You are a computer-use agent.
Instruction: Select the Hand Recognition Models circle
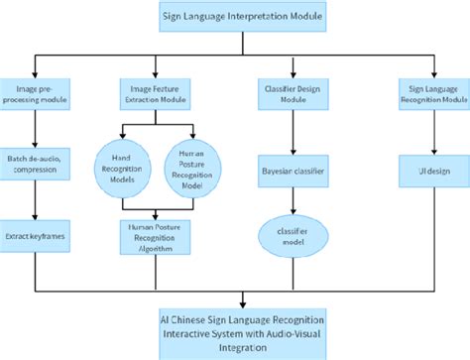(x=122, y=165)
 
